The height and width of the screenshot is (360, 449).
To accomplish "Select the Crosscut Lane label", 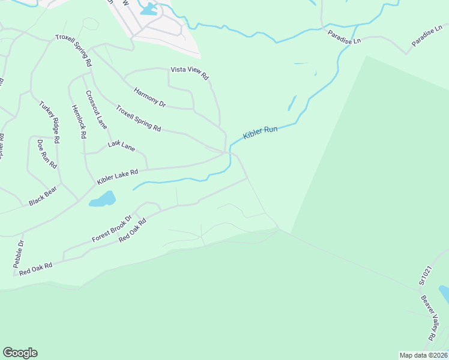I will pos(96,110).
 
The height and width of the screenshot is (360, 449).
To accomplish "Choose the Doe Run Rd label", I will pos(46,154).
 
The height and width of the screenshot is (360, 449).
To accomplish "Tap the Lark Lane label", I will pos(121,145).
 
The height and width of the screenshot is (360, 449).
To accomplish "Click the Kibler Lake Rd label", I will pos(118,176).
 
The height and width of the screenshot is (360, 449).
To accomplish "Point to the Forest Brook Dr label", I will pos(112,229).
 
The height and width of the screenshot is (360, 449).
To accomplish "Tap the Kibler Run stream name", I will pos(260,133).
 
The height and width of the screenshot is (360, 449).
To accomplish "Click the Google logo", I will pos(20,353).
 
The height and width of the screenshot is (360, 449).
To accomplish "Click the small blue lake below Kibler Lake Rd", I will pos(103,199).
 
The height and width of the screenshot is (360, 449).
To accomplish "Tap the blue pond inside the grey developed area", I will pos(148,8).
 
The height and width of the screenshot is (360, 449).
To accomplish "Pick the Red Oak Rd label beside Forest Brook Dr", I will pos(133,230).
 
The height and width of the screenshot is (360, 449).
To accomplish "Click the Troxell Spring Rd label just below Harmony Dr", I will pos(138,119).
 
